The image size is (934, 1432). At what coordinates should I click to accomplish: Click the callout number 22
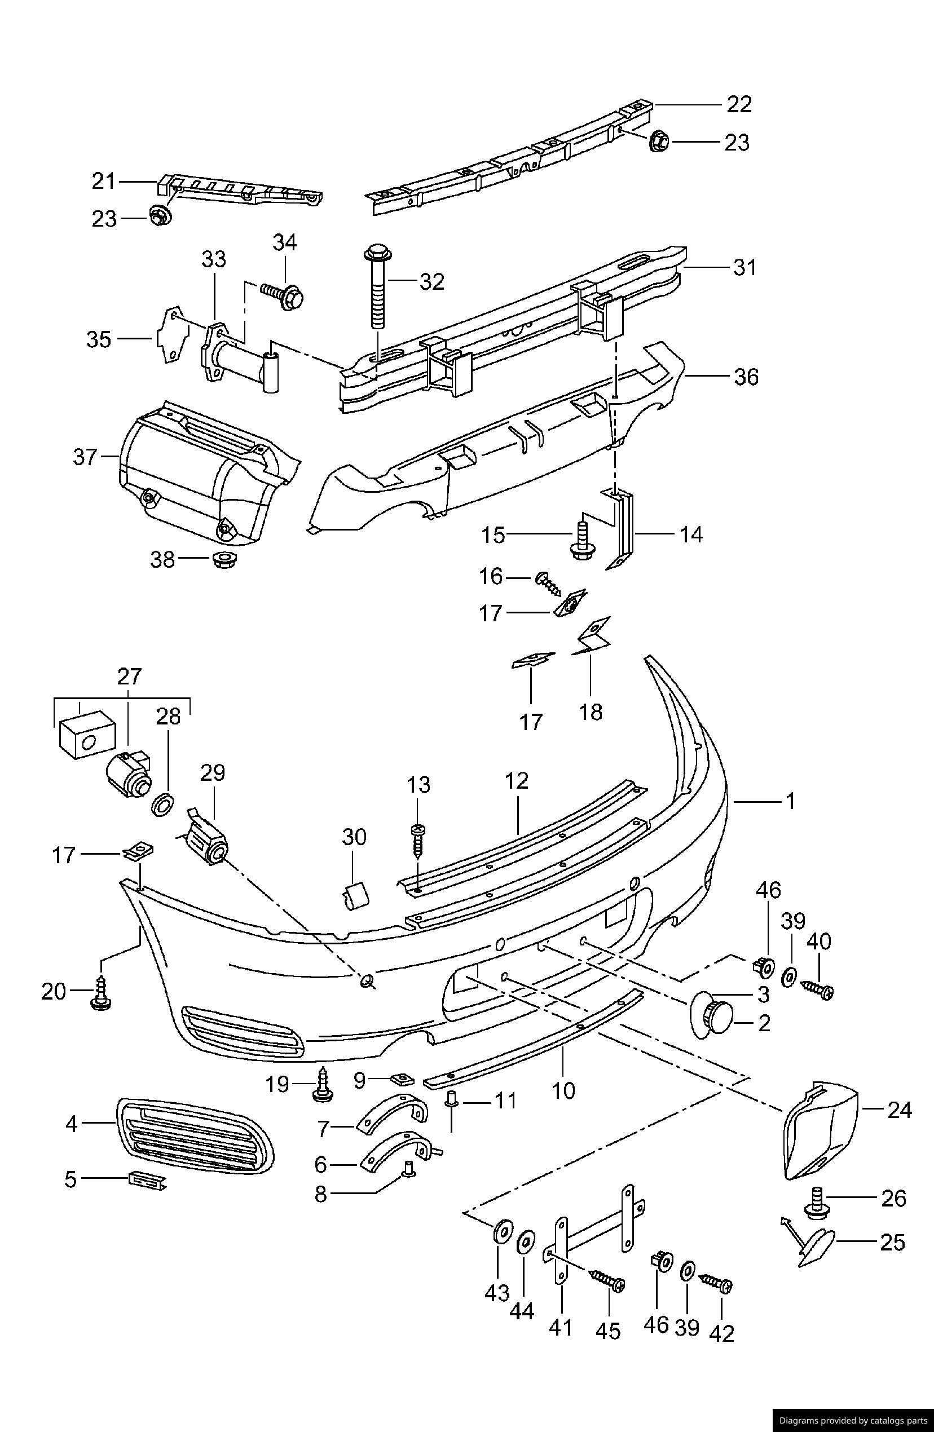(x=739, y=105)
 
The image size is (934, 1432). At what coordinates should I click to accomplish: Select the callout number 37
(x=85, y=457)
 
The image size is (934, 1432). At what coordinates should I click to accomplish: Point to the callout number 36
(x=746, y=377)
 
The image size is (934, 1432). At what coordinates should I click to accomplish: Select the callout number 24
(x=899, y=1110)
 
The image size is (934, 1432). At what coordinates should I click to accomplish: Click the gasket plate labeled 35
(x=168, y=338)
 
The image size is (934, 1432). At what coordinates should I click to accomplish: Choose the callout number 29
(x=213, y=772)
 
